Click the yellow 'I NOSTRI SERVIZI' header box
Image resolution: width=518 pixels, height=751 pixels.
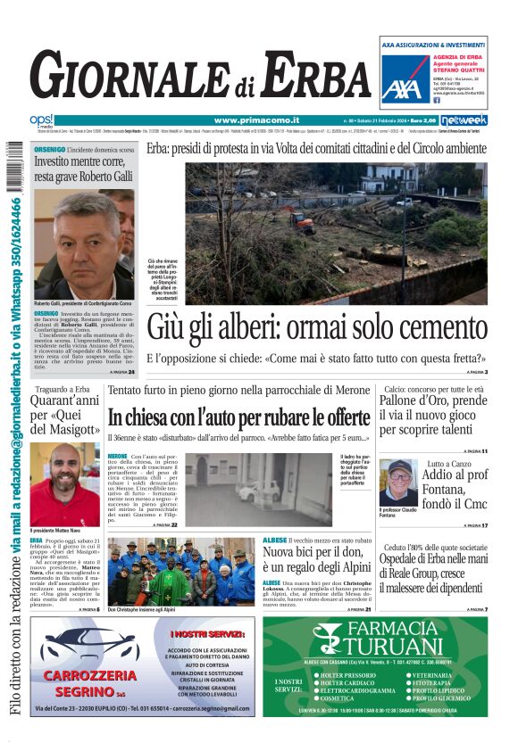(x=209, y=634)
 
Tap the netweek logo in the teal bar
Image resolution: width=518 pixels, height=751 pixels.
(x=464, y=120)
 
